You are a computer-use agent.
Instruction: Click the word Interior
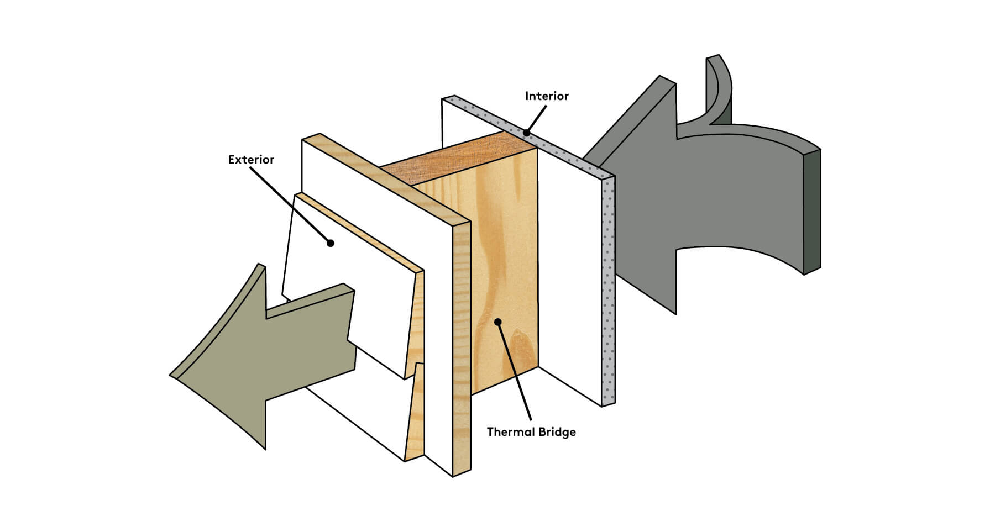pos(546,96)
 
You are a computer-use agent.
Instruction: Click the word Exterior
pos(251,160)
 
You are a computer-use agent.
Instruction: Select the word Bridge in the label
pos(556,432)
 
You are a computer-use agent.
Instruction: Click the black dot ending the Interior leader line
pos(527,133)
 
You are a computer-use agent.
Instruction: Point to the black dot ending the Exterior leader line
pos(331,243)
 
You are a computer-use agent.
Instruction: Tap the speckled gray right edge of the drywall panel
pos(609,287)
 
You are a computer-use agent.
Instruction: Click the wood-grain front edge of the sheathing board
pos(462,348)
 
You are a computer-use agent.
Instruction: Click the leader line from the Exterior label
pos(290,204)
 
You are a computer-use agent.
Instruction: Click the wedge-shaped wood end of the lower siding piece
pos(416,414)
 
